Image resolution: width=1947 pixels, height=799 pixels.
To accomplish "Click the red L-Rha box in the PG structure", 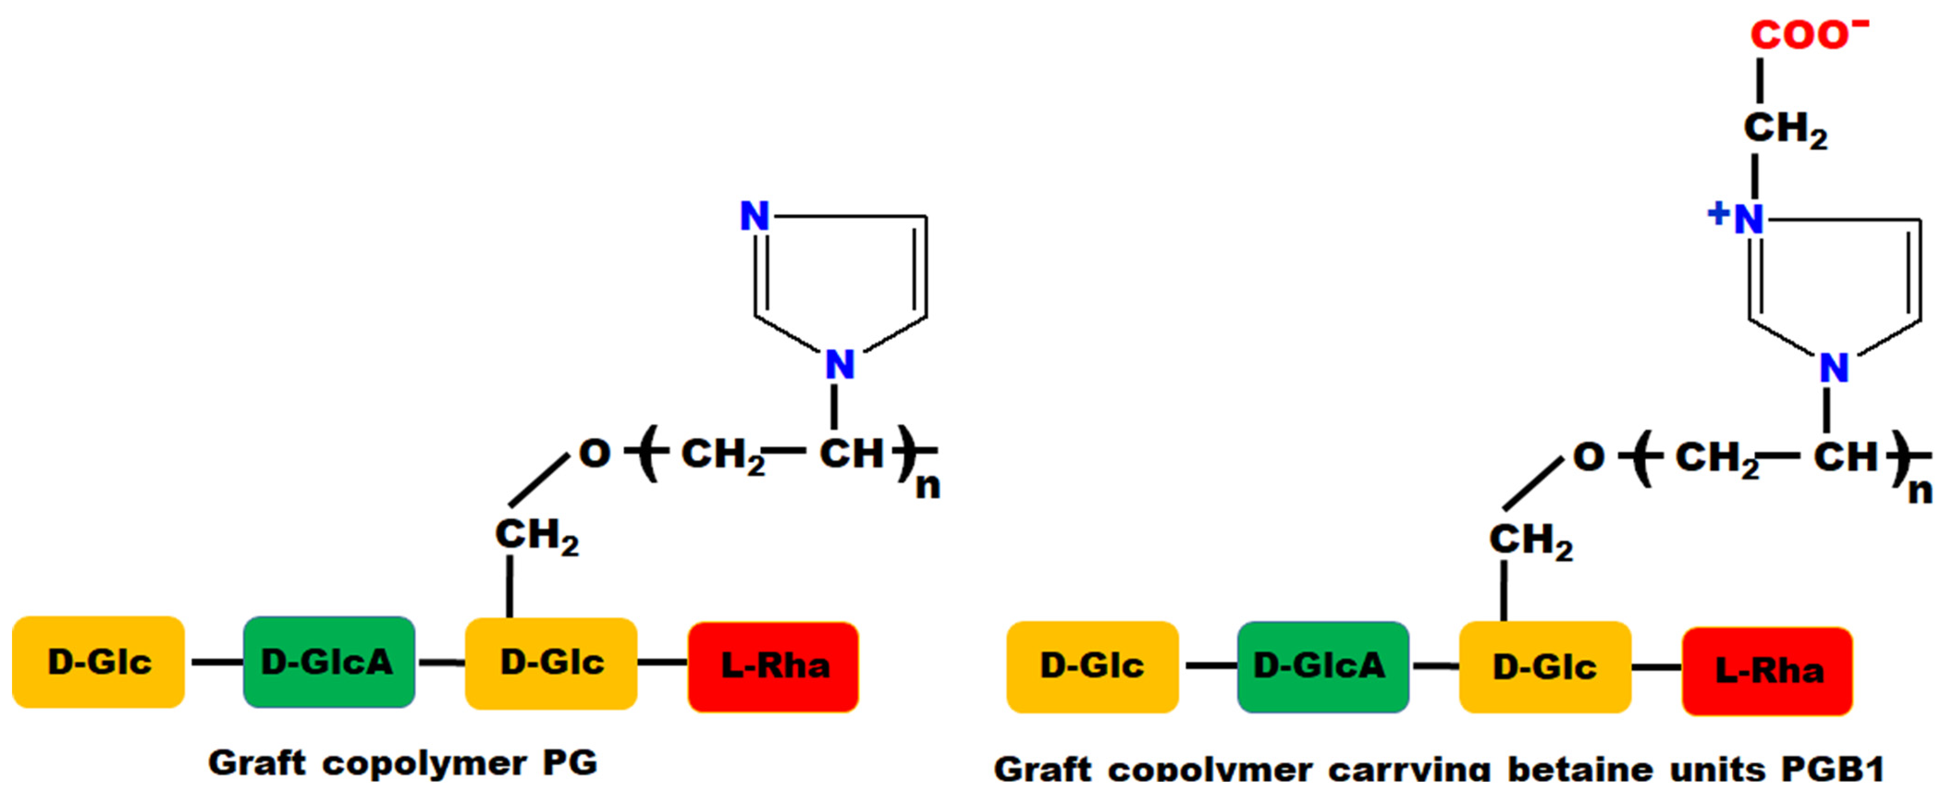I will (x=773, y=666).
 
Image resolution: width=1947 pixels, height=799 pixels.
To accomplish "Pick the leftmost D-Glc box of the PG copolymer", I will (x=98, y=662).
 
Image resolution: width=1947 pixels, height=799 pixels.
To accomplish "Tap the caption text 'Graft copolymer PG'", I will (x=403, y=763).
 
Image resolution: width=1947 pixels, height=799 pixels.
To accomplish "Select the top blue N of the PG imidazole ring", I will (x=754, y=216).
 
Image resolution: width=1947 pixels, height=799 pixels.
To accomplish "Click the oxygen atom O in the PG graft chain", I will (x=594, y=454).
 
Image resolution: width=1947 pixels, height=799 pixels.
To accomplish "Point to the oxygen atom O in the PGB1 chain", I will (x=1588, y=457).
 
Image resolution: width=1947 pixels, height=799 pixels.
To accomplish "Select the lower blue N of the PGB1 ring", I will (x=1834, y=368).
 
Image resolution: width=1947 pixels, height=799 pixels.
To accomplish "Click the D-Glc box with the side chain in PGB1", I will (x=1545, y=667).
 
